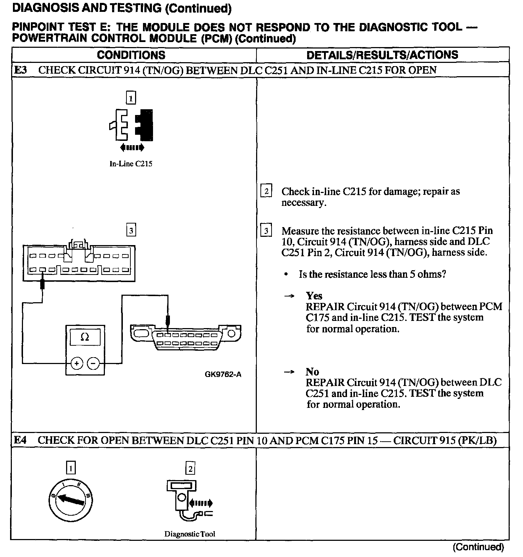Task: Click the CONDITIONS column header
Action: pos(131,55)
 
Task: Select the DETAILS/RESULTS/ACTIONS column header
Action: pos(382,55)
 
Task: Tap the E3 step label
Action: pos(20,70)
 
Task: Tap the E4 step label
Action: pos(20,440)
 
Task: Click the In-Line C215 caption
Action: pos(131,164)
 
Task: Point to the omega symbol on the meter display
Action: pos(85,337)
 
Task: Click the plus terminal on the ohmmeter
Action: pos(77,364)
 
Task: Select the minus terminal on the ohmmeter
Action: pos(93,364)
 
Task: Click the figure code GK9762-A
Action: pos(223,374)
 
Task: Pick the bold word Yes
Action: pos(314,296)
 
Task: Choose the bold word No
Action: pos(312,372)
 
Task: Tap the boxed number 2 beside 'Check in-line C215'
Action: pos(266,191)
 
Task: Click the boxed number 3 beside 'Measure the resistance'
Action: pos(266,230)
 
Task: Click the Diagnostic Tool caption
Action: pos(190,534)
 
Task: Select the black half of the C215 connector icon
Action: pos(144,124)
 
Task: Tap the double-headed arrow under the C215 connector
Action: pos(132,147)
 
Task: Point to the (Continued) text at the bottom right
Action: pos(478,547)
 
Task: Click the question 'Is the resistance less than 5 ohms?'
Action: pos(372,275)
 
